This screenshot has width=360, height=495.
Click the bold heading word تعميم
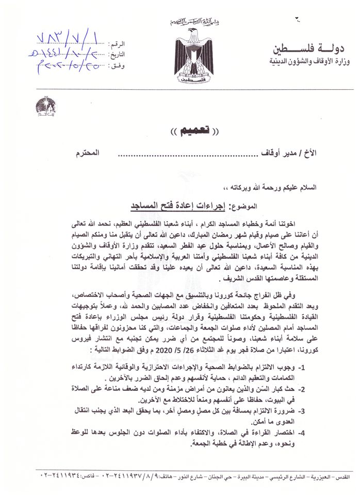tap(180, 130)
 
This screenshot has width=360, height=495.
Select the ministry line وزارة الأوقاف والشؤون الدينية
tap(306, 63)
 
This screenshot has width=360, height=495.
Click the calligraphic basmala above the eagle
tap(193, 22)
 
